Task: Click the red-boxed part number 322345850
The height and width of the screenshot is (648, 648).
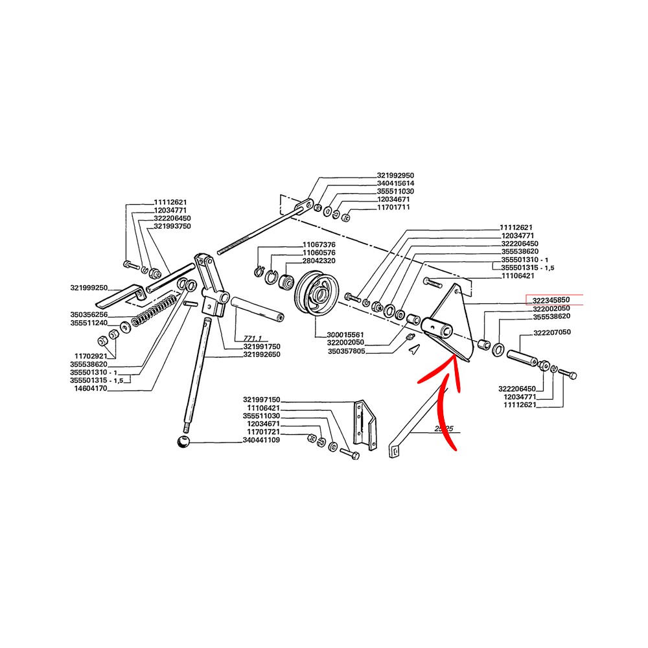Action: click(551, 300)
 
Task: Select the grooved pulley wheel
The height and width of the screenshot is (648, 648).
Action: click(318, 294)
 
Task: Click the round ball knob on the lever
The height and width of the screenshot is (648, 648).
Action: click(183, 441)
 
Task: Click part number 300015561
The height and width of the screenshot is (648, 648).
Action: click(345, 335)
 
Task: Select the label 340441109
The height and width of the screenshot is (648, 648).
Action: click(261, 440)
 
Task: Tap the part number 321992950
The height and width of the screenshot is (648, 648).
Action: click(395, 176)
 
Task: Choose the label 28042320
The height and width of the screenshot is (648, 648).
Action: click(319, 260)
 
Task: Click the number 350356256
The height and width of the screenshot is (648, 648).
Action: click(89, 315)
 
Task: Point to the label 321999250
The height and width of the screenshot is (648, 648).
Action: click(89, 288)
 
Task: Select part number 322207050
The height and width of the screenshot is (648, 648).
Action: click(552, 332)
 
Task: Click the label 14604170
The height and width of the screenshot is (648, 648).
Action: click(91, 388)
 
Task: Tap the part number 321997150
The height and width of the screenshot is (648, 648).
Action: click(262, 400)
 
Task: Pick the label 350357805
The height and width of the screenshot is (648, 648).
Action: click(346, 351)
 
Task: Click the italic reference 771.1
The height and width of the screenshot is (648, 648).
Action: click(253, 338)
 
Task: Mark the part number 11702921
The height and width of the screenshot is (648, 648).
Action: click(91, 356)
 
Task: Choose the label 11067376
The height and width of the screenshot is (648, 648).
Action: click(319, 245)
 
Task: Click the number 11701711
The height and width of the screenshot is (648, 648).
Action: click(393, 207)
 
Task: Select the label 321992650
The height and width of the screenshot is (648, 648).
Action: click(262, 354)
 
